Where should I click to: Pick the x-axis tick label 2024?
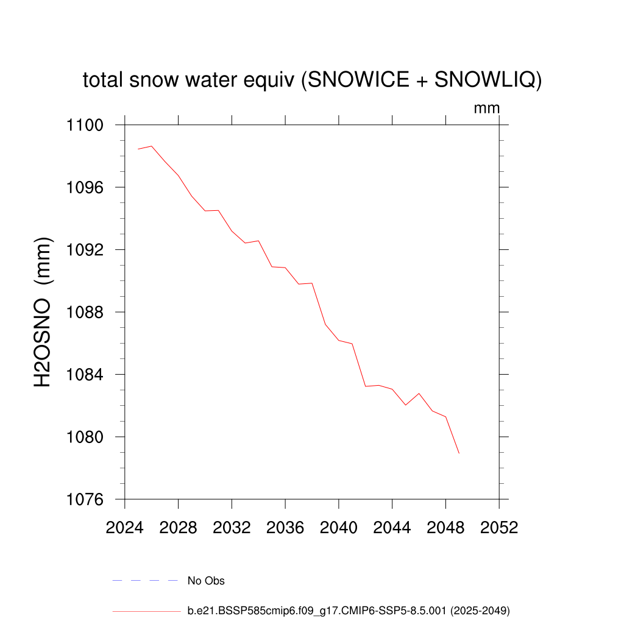pyautogui.click(x=124, y=527)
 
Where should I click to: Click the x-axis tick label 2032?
pyautogui.click(x=232, y=527)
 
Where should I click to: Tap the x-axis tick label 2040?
pyautogui.click(x=338, y=527)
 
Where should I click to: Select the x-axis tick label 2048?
pyautogui.click(x=445, y=527)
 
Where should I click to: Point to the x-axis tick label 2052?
pyautogui.click(x=499, y=527)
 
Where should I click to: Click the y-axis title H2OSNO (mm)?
pyautogui.click(x=43, y=312)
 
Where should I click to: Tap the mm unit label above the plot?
pyautogui.click(x=487, y=108)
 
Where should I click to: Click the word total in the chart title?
pyautogui.click(x=104, y=80)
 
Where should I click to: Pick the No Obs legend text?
pyautogui.click(x=206, y=581)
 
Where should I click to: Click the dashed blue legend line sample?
pyautogui.click(x=145, y=581)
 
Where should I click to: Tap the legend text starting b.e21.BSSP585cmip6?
pyautogui.click(x=348, y=610)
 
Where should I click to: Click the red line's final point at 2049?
pyautogui.click(x=459, y=453)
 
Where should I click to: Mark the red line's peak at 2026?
pyautogui.click(x=152, y=146)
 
